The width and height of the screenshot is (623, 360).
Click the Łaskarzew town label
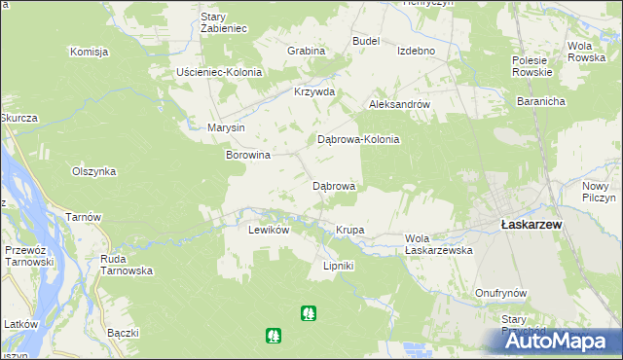point(531,223)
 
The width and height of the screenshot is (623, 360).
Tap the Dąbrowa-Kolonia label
point(359,139)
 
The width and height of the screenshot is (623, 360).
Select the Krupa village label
point(349,230)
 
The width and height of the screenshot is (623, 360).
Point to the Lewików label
point(269,230)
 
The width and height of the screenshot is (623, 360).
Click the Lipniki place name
point(338,266)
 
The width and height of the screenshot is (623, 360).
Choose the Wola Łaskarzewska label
point(438,244)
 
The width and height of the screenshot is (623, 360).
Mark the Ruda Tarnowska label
point(127,265)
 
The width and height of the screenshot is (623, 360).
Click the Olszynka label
point(94,171)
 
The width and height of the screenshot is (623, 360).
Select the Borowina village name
point(248,155)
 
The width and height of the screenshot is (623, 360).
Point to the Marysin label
point(226,127)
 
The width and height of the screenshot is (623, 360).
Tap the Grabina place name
point(306,50)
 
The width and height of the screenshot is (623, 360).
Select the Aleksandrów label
point(399,103)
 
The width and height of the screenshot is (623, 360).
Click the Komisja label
point(88,52)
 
